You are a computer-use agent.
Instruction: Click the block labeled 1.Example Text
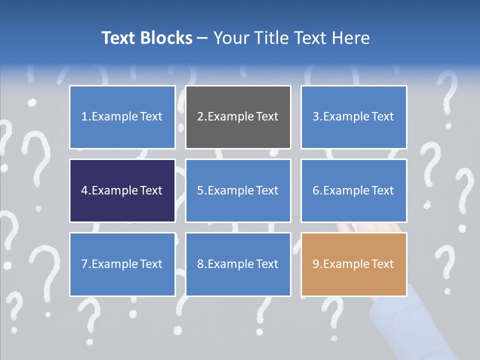[x=122, y=117]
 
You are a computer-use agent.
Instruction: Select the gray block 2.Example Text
[x=238, y=117]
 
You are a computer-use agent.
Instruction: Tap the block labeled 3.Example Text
[x=353, y=117]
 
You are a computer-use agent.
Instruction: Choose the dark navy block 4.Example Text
[x=122, y=190]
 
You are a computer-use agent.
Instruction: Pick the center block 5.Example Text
[x=238, y=190]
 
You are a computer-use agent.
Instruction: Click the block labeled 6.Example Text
[x=353, y=190]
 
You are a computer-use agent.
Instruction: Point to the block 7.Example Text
[x=122, y=264]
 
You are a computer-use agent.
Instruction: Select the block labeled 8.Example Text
[x=238, y=264]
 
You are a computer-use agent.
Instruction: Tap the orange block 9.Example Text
[x=353, y=264]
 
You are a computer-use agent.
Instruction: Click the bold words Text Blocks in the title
[x=146, y=38]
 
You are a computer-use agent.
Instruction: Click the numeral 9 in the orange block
[x=316, y=264]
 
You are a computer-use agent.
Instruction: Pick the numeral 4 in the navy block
[x=84, y=190]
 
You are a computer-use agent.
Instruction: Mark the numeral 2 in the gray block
[x=200, y=117]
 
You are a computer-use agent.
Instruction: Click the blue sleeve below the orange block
[x=395, y=320]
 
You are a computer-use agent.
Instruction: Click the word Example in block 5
[x=230, y=190]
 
